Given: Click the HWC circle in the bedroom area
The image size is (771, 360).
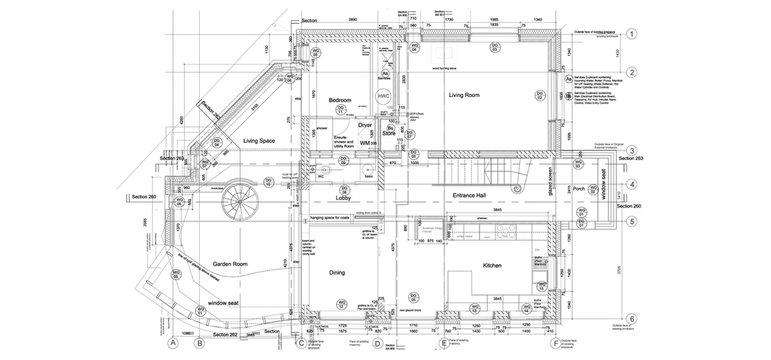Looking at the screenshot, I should (x=384, y=96).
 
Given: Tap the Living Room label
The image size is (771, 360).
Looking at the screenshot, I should (x=464, y=95).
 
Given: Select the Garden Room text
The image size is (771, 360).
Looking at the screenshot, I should (x=231, y=264).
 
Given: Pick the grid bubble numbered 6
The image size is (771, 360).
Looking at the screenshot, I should (x=632, y=319).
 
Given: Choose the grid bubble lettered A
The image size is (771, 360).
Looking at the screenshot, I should (x=172, y=343).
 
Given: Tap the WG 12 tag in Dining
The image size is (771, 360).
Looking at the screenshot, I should (x=342, y=304).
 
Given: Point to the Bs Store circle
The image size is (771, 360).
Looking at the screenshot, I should (x=389, y=130).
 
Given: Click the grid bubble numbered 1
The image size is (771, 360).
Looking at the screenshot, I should (x=632, y=34).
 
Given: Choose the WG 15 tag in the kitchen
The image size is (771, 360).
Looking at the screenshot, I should (x=542, y=286).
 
